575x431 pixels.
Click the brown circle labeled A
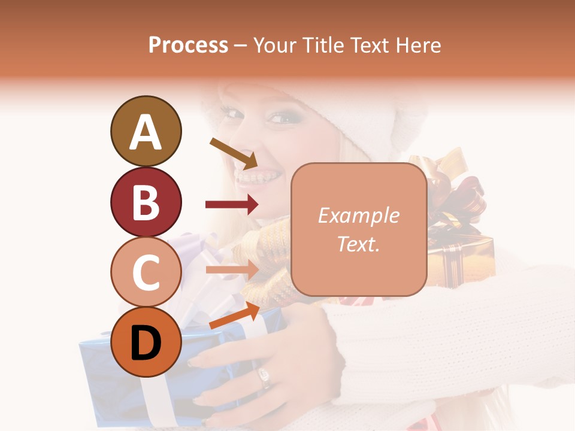(146, 131)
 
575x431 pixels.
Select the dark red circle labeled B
(146, 202)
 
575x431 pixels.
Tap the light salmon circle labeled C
(146, 272)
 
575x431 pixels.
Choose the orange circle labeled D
(146, 342)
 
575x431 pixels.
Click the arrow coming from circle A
(234, 153)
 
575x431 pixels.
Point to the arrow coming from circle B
(231, 205)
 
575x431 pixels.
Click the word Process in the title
(188, 45)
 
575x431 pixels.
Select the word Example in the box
(359, 215)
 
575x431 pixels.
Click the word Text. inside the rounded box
(359, 244)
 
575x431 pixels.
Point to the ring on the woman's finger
(264, 377)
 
